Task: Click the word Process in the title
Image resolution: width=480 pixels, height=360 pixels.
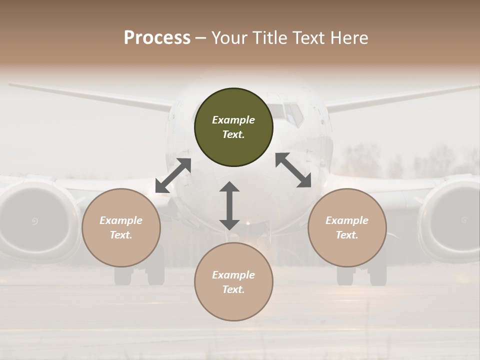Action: tap(157, 38)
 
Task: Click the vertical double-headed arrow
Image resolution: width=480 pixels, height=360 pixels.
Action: tap(229, 205)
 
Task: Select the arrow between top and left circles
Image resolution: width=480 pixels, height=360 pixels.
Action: tap(173, 175)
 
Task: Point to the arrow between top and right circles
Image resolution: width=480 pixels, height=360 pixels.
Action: tap(293, 170)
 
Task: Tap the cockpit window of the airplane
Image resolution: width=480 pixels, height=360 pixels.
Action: tap(293, 113)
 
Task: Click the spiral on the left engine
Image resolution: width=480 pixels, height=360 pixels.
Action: tap(34, 221)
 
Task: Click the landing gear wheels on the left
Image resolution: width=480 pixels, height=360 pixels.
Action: tap(139, 274)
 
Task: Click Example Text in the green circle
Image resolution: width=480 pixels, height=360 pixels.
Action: tap(233, 127)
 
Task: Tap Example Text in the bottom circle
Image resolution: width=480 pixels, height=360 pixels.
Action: tap(233, 282)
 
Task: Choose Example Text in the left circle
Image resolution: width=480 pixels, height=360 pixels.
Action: tap(121, 227)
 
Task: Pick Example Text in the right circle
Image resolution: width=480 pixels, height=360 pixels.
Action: tap(347, 227)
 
